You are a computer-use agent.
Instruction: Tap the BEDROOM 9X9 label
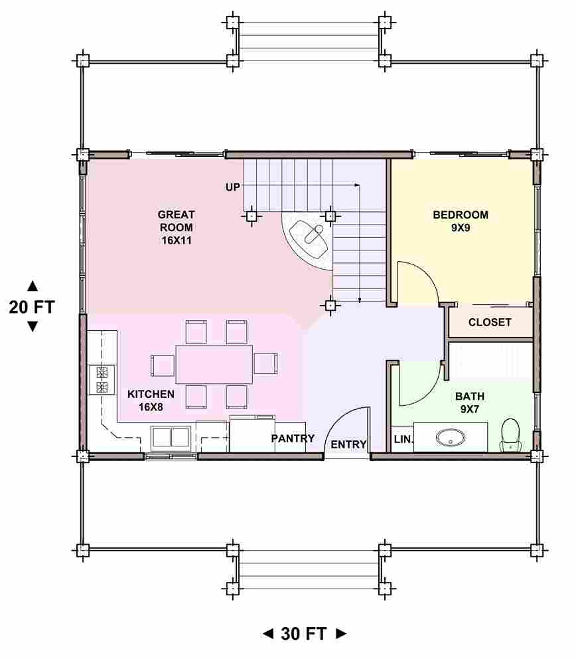pyautogui.click(x=461, y=221)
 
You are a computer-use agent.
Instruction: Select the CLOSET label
pyautogui.click(x=490, y=322)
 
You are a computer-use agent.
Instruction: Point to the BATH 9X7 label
pyautogui.click(x=470, y=402)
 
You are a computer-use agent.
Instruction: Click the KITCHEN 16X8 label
pyautogui.click(x=151, y=400)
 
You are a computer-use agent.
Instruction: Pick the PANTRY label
pyautogui.click(x=293, y=438)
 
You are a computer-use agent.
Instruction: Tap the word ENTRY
pyautogui.click(x=348, y=444)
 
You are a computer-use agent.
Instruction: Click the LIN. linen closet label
pyautogui.click(x=403, y=440)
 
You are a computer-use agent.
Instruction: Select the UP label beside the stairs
pyautogui.click(x=232, y=187)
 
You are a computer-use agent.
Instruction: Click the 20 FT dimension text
pyautogui.click(x=32, y=307)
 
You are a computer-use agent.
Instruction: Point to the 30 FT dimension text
pyautogui.click(x=303, y=634)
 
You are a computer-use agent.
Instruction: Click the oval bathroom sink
pyautogui.click(x=451, y=438)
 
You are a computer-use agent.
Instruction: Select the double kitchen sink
pyautogui.click(x=171, y=437)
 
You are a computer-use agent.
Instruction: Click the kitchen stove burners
pyautogui.click(x=102, y=380)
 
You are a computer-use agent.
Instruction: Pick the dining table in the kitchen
pyautogui.click(x=214, y=364)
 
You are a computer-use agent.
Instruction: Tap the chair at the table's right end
pyautogui.click(x=265, y=363)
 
